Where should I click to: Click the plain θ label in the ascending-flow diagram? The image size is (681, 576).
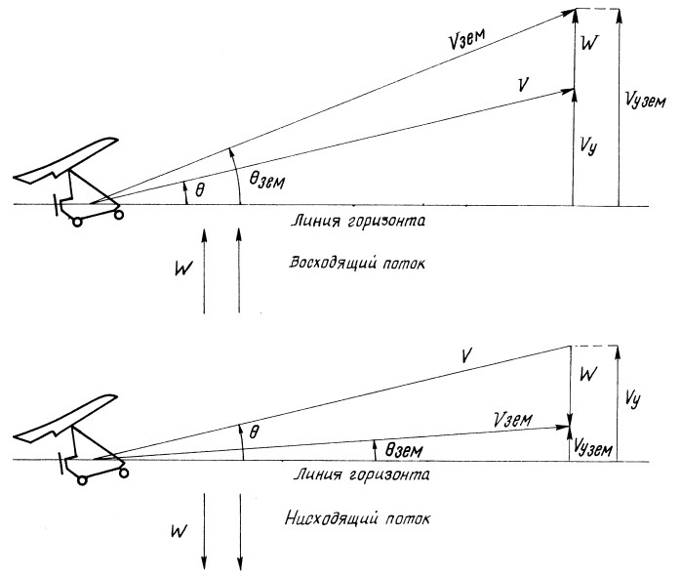[200, 187]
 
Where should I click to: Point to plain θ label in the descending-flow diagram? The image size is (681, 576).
[256, 430]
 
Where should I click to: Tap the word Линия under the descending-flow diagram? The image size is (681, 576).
[313, 474]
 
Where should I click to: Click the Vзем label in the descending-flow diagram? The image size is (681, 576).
[511, 419]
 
